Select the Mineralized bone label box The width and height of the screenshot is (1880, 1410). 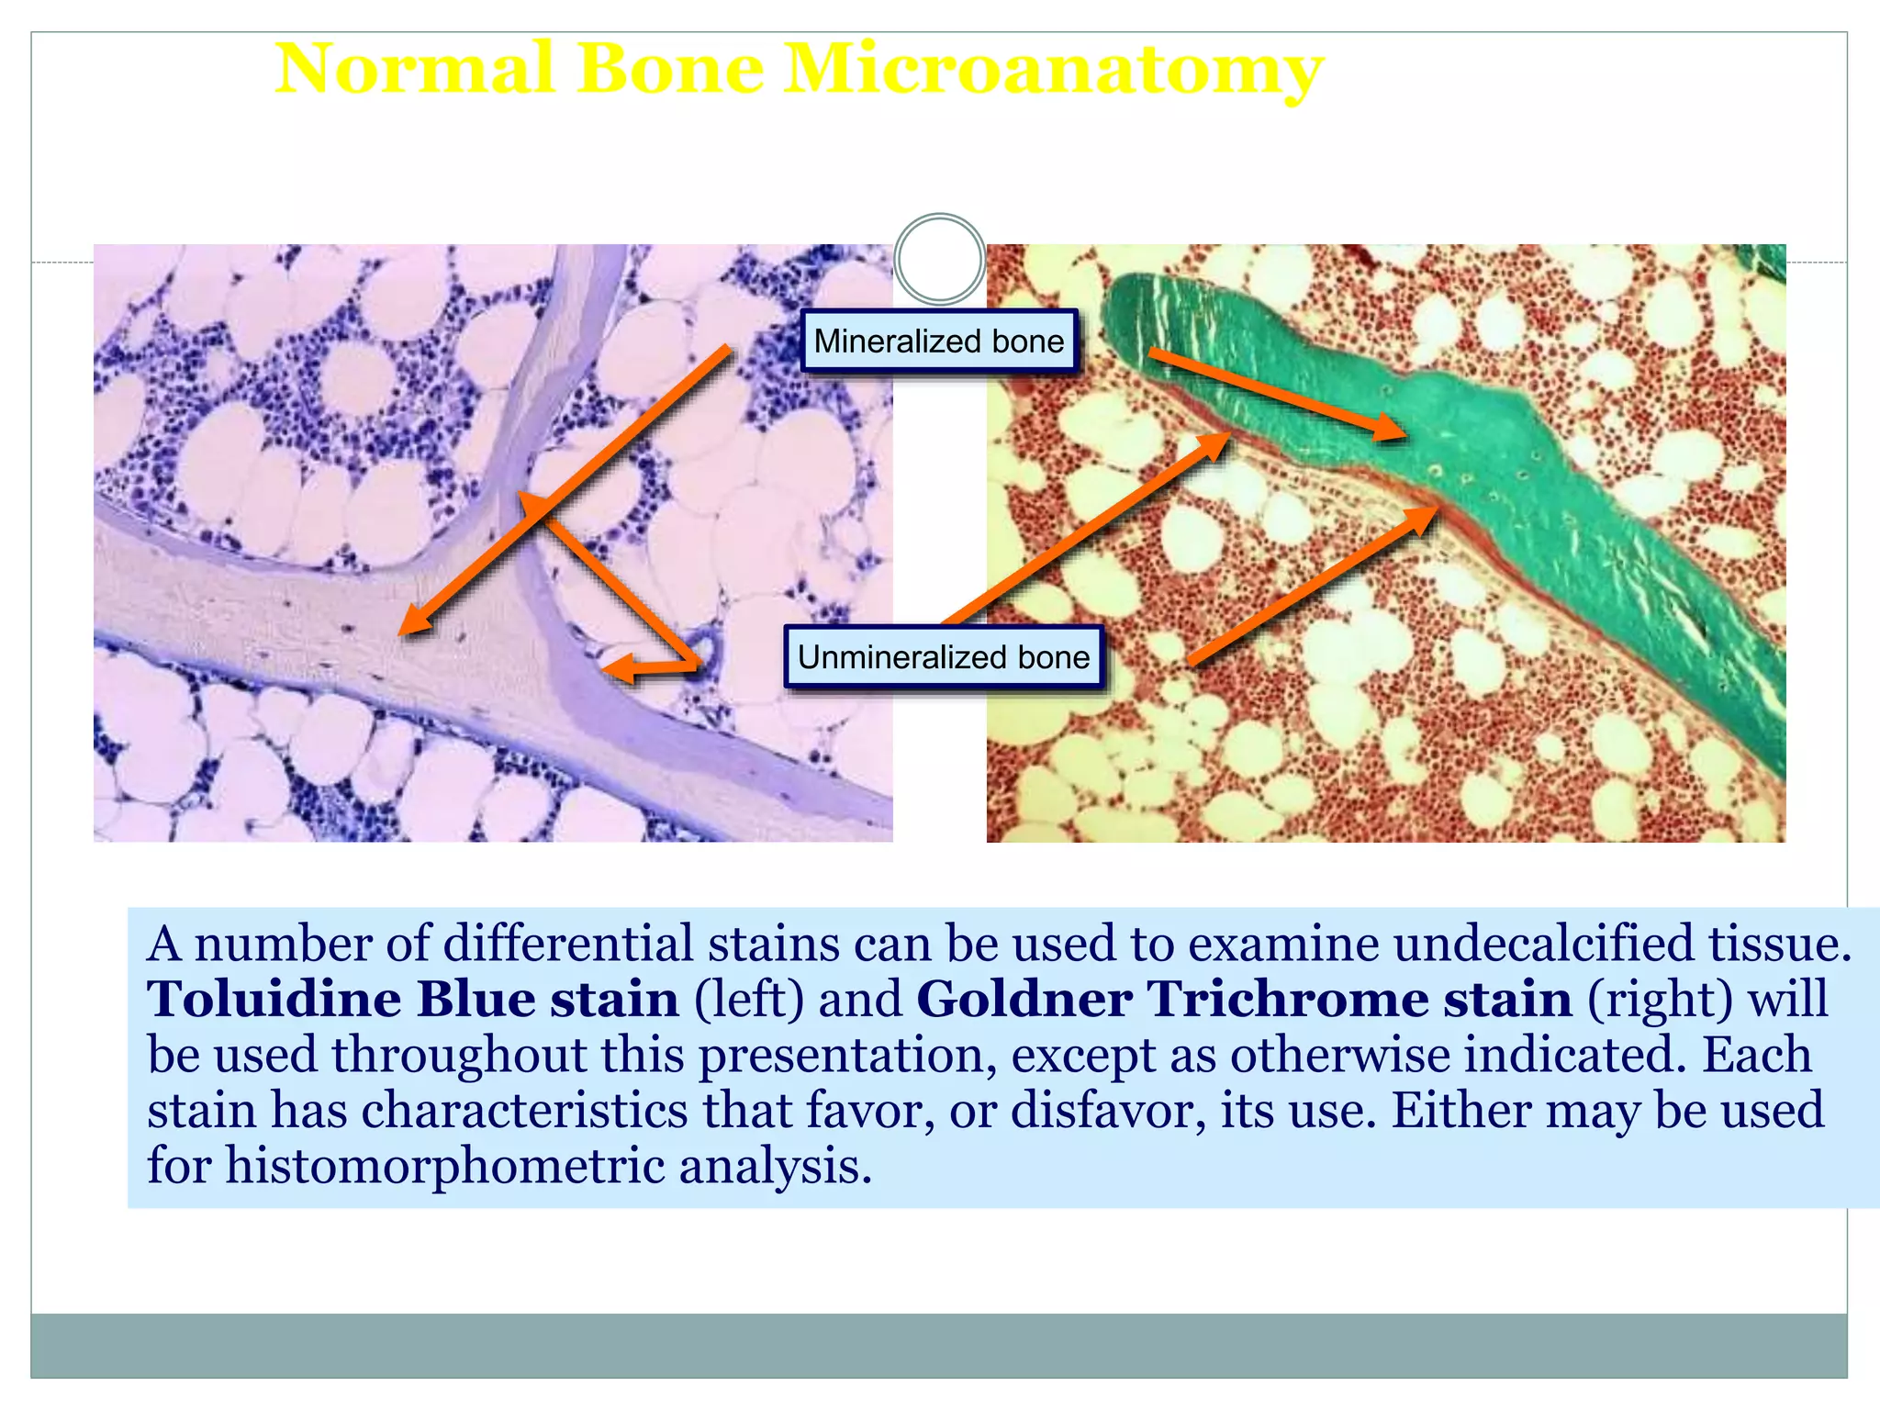938,341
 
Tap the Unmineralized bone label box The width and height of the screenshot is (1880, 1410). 943,657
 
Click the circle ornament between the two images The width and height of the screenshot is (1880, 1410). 939,260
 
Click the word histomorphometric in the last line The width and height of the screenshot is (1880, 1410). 445,1167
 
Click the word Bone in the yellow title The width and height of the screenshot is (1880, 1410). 670,70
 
